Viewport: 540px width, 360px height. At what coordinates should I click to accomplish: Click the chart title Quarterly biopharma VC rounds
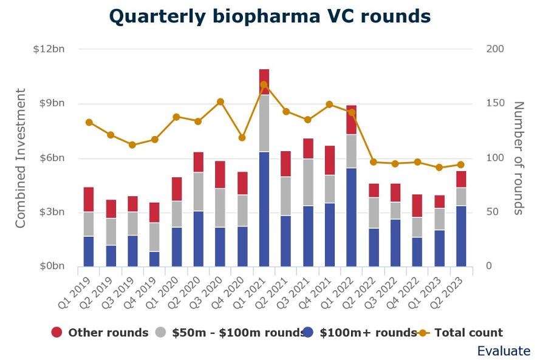[270, 16]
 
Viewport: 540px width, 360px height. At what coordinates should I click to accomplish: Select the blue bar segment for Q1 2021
[264, 209]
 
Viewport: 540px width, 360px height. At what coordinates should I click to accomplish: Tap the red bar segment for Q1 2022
[352, 120]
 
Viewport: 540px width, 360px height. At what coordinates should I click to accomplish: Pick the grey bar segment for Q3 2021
[308, 182]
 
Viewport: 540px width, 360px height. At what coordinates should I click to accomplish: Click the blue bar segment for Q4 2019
[154, 259]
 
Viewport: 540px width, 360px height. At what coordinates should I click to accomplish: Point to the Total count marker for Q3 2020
[220, 102]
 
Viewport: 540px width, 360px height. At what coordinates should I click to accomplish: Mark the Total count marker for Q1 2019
[89, 122]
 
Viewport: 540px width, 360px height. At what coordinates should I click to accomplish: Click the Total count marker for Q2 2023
[461, 165]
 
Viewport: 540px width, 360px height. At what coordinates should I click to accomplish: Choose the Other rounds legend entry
[100, 332]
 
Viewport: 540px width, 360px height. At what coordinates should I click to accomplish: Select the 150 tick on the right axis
[496, 103]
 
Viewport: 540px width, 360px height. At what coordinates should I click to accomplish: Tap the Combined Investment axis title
[21, 158]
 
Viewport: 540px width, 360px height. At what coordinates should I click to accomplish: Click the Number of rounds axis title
[519, 158]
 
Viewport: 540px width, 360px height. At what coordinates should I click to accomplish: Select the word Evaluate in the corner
[503, 351]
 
